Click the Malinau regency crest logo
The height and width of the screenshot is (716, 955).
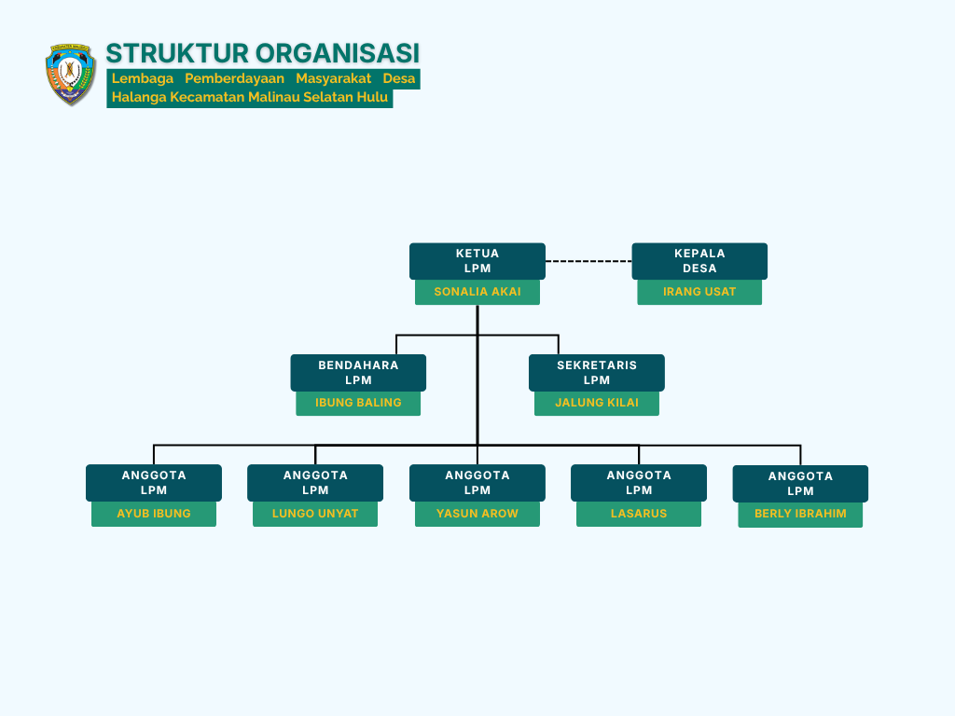click(x=71, y=75)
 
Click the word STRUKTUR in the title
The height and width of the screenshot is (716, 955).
click(x=177, y=53)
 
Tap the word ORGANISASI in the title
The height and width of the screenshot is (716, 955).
click(x=338, y=53)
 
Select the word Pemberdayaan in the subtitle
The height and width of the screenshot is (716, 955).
click(x=234, y=78)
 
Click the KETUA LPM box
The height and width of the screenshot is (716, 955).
click(x=477, y=261)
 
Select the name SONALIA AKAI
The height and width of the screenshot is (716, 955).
click(x=477, y=292)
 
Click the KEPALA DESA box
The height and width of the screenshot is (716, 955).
click(x=699, y=261)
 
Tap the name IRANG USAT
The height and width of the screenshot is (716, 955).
click(x=699, y=292)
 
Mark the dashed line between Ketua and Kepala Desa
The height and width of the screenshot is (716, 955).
click(x=588, y=261)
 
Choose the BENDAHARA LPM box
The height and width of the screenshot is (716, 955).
click(x=358, y=373)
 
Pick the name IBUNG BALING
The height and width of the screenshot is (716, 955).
click(x=358, y=403)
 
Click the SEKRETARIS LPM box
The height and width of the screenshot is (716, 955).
click(x=597, y=373)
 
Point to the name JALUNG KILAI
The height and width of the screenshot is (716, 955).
click(x=597, y=403)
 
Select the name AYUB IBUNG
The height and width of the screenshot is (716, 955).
click(x=154, y=514)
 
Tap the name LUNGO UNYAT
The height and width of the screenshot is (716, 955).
click(x=315, y=514)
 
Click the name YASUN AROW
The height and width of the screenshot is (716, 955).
click(x=477, y=514)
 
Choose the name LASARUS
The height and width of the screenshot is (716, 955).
click(x=639, y=514)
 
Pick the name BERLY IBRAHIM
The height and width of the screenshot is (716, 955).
click(x=800, y=514)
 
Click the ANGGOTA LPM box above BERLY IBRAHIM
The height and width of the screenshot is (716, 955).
click(x=800, y=484)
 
